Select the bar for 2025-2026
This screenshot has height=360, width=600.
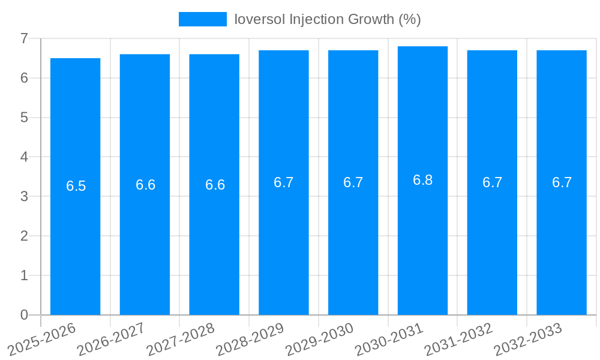click(75, 240)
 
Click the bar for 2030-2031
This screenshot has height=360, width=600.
click(422, 240)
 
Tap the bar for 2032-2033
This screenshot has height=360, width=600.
click(562, 240)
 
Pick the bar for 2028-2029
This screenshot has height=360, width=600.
click(284, 240)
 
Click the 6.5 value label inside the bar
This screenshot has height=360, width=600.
click(76, 186)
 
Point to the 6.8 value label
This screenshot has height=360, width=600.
click(423, 180)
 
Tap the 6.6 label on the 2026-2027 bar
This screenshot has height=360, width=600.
click(146, 185)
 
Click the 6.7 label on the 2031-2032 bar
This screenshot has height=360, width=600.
click(493, 182)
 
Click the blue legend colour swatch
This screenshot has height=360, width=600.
click(203, 19)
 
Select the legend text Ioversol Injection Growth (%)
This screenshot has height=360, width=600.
click(328, 19)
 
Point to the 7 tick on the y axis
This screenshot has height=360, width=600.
click(25, 38)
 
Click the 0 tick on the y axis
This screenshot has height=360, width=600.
click(25, 315)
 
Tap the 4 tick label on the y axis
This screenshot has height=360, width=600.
click(25, 157)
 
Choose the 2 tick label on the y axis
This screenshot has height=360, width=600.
click(25, 236)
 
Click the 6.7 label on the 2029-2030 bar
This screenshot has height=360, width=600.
click(353, 182)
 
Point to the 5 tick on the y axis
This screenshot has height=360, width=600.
click(25, 118)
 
